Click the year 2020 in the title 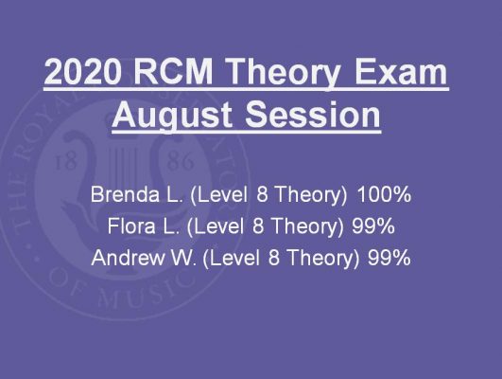click(x=83, y=71)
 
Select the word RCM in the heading click(x=173, y=71)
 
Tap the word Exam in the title click(x=401, y=71)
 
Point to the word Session click(x=313, y=115)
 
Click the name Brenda click(x=125, y=194)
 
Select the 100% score click(x=384, y=194)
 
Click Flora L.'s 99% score click(x=373, y=226)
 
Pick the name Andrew click(x=128, y=258)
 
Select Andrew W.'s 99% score click(x=389, y=258)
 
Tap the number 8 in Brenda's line click(x=262, y=194)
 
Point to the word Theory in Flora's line click(x=307, y=227)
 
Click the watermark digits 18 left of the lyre click(x=66, y=162)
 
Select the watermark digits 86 click(x=181, y=161)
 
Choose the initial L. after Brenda click(x=175, y=194)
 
